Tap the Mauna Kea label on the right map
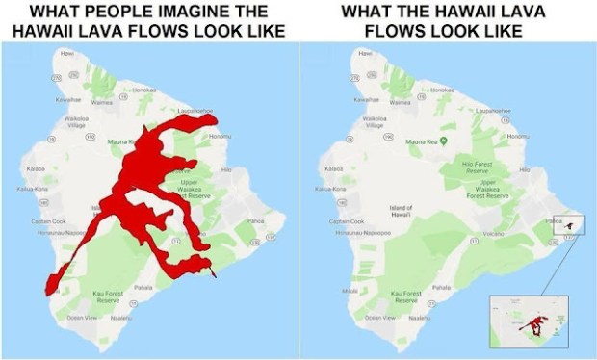(x=424, y=141)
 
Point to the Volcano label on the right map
(x=492, y=232)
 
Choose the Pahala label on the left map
(x=143, y=287)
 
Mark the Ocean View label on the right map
(x=371, y=316)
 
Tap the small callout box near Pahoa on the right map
(x=574, y=224)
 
